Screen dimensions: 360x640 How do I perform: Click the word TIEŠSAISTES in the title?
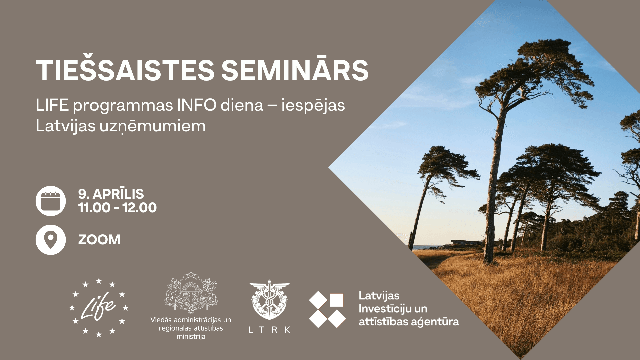125,70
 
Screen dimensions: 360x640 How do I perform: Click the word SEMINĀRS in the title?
295,70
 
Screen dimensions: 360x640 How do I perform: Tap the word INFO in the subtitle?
197,105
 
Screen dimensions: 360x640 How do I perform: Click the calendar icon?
51,201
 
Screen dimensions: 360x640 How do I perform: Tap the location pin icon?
51,240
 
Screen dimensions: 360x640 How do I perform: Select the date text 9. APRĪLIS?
111,194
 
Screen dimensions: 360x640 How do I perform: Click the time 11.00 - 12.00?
117,208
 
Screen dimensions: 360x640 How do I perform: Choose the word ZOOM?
99,240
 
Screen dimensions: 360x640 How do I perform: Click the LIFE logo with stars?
99,308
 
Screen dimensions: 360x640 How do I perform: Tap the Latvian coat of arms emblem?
191,292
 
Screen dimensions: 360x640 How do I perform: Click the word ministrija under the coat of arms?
191,337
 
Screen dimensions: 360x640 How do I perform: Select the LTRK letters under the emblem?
269,330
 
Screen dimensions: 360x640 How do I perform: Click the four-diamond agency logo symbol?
327,309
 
